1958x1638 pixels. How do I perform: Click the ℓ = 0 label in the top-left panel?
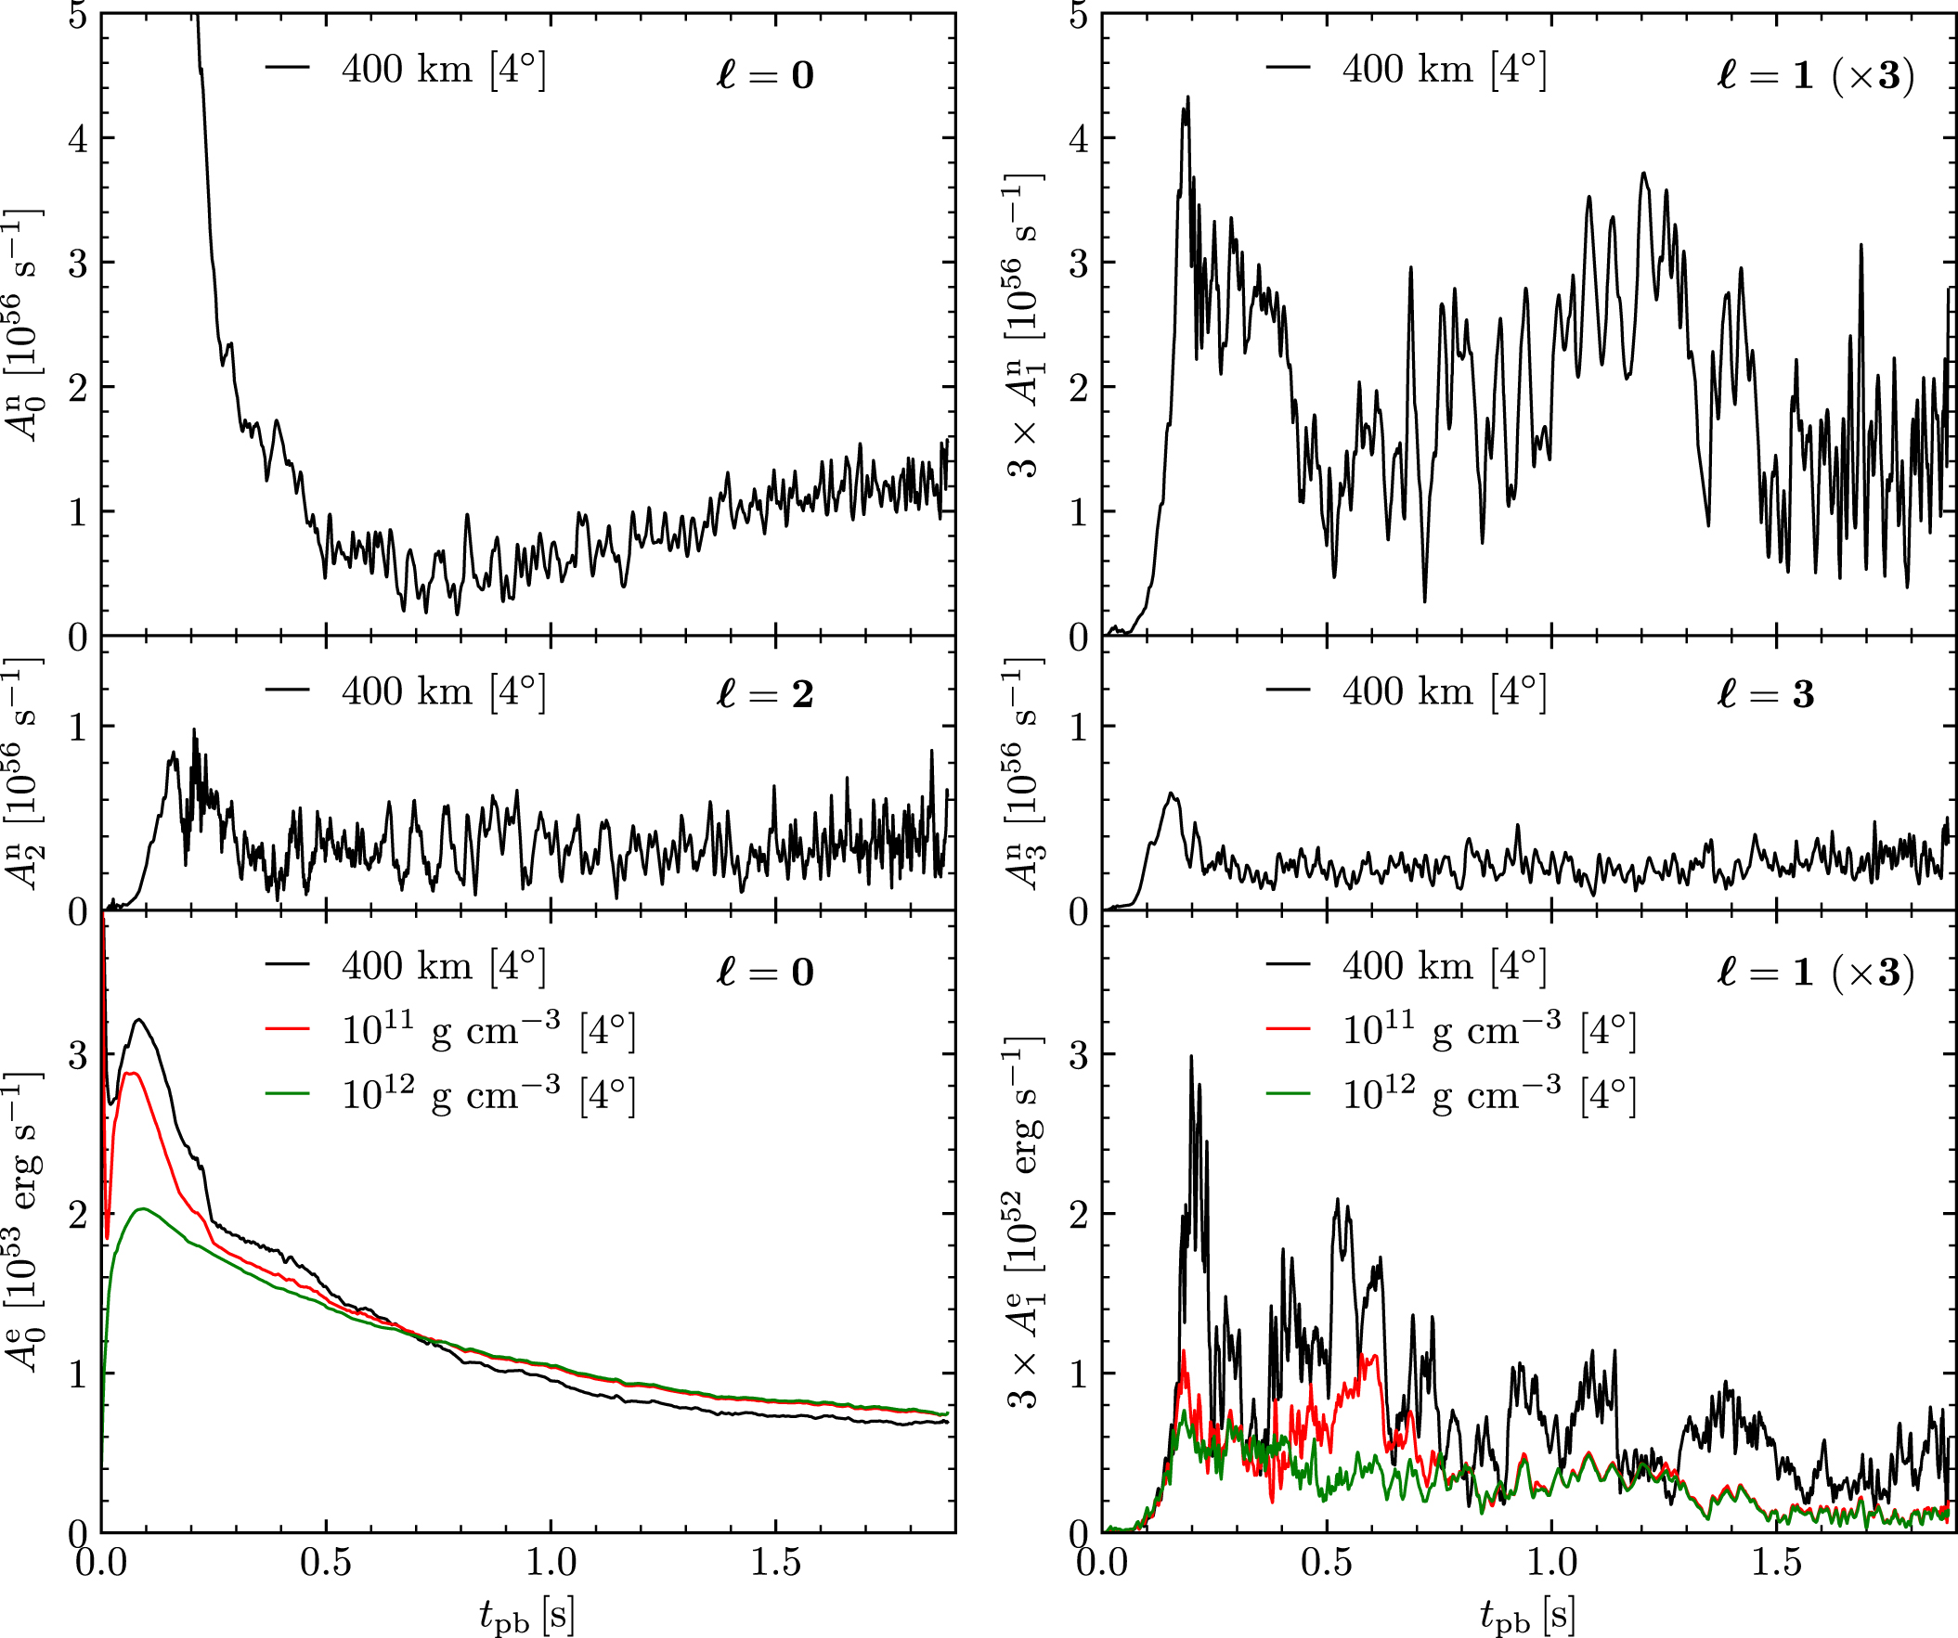[x=765, y=73]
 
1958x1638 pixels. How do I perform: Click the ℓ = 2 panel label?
[x=765, y=693]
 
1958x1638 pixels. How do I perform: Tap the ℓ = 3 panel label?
[x=1765, y=693]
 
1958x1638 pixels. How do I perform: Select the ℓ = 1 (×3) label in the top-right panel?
[x=1814, y=74]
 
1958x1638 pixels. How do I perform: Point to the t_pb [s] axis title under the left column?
[x=526, y=1614]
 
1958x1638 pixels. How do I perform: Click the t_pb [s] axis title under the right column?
[x=1527, y=1614]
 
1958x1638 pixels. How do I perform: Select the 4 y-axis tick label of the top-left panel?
[x=78, y=139]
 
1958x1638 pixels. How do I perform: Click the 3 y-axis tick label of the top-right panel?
[x=1079, y=263]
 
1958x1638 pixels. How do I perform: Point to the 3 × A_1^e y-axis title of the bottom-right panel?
[x=1026, y=1221]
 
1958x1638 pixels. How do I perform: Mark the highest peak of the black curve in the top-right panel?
[x=1187, y=97]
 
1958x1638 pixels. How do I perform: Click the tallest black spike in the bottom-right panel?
[x=1190, y=1056]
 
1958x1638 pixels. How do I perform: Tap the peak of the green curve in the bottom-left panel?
[x=142, y=1209]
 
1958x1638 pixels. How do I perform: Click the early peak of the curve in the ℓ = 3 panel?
[x=1172, y=793]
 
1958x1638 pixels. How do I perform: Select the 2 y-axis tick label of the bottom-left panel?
[x=78, y=1215]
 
